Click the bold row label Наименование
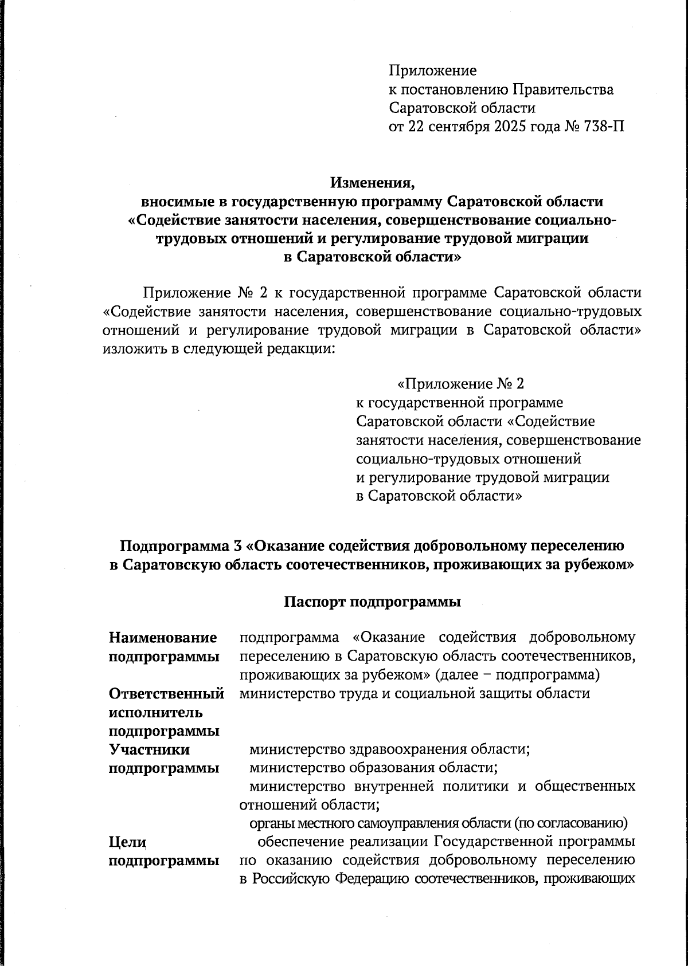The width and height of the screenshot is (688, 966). click(x=163, y=637)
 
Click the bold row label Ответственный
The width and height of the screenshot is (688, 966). click(x=166, y=693)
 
